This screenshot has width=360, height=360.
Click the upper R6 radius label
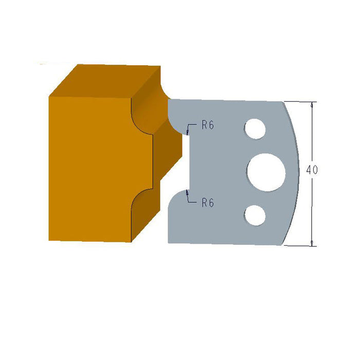[x=208, y=125]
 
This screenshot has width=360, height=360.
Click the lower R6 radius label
[x=208, y=203]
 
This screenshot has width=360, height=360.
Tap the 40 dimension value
[x=312, y=170]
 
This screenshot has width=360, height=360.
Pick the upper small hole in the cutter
[x=256, y=129]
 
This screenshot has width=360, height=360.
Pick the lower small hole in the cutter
[x=256, y=215]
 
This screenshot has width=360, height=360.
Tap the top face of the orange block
[x=105, y=80]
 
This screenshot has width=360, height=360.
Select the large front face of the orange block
[x=90, y=167]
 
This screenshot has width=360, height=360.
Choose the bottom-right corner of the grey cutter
[x=282, y=245]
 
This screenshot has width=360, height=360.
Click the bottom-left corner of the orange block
[x=49, y=240]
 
